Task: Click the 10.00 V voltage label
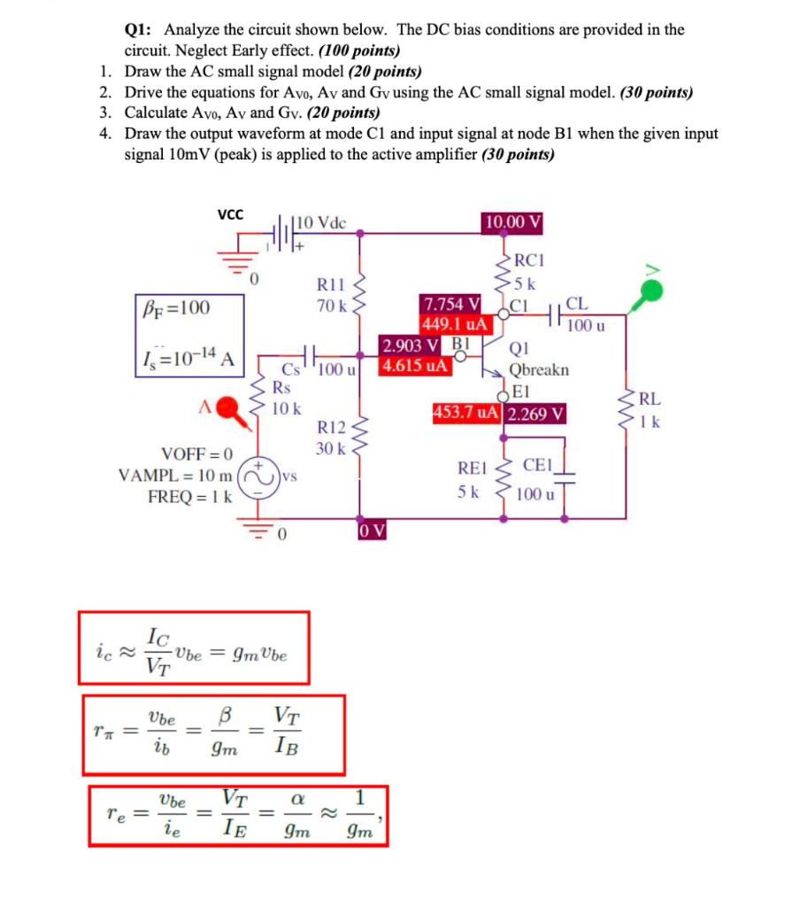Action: [513, 221]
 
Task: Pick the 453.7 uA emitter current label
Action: [466, 414]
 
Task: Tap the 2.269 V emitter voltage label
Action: [536, 414]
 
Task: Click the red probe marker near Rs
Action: [229, 407]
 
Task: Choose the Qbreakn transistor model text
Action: [539, 369]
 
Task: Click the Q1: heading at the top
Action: [140, 29]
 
